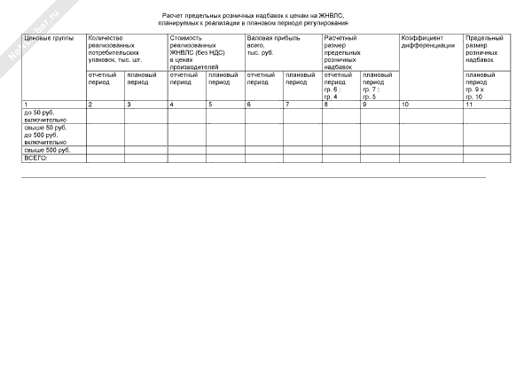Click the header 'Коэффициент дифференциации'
click(x=428, y=43)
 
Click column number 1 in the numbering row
click(x=26, y=105)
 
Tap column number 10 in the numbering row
click(x=405, y=105)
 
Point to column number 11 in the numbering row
click(x=469, y=105)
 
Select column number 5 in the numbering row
click(x=210, y=105)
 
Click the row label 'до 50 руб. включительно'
click(x=42, y=117)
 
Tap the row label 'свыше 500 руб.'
click(x=43, y=150)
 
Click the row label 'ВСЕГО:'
click(x=35, y=158)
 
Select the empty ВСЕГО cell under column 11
click(x=486, y=159)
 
